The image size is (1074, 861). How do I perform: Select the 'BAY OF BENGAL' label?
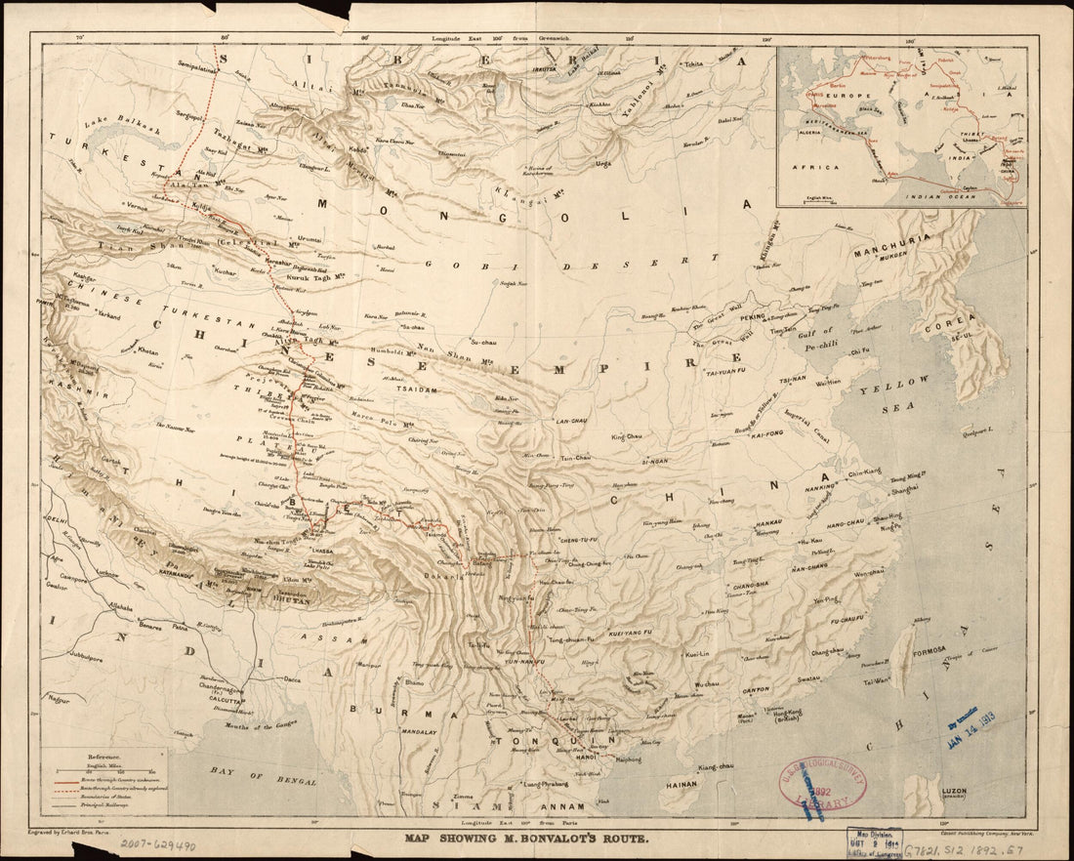[x=257, y=780]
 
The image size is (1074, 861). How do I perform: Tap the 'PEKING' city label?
[x=751, y=317]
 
